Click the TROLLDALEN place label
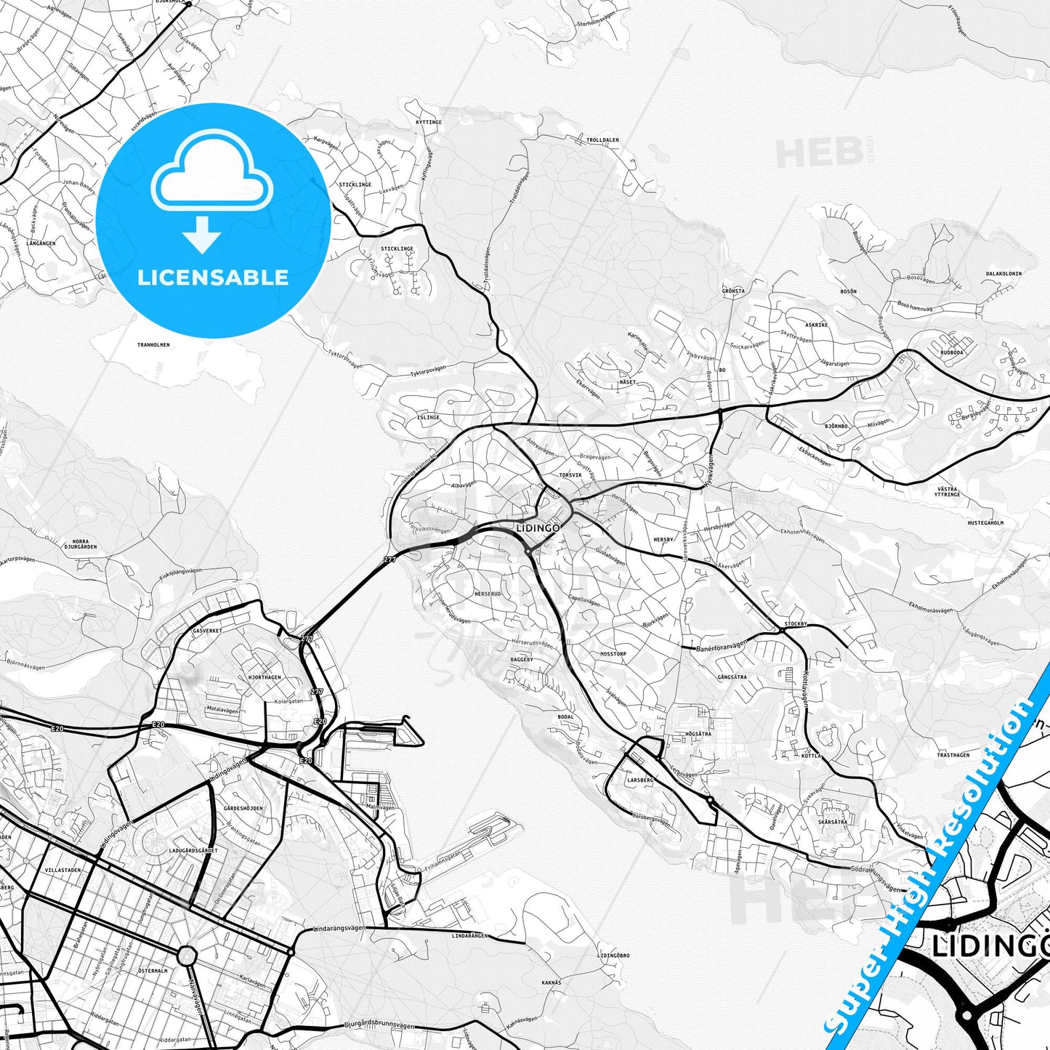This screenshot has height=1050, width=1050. (x=602, y=140)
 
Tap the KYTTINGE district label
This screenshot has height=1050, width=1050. (x=429, y=122)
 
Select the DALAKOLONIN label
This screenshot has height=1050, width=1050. (x=1003, y=274)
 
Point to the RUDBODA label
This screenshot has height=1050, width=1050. (x=951, y=352)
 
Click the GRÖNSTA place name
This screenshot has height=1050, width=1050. (x=733, y=291)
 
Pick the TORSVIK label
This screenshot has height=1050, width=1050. (x=570, y=474)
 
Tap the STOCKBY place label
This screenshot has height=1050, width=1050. (x=796, y=624)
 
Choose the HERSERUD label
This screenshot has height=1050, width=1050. (x=488, y=594)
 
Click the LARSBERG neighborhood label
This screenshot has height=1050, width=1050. (x=640, y=780)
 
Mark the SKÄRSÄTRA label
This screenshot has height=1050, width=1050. (x=832, y=822)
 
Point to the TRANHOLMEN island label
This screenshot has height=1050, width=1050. (x=153, y=344)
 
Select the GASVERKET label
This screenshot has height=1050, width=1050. (x=207, y=631)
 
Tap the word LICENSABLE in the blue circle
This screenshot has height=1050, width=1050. (x=212, y=277)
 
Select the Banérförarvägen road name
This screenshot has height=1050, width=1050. (x=721, y=646)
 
